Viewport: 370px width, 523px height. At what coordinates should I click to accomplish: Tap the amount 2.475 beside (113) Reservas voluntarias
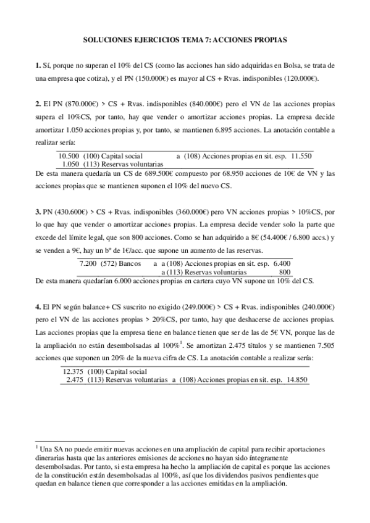coord(76,380)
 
